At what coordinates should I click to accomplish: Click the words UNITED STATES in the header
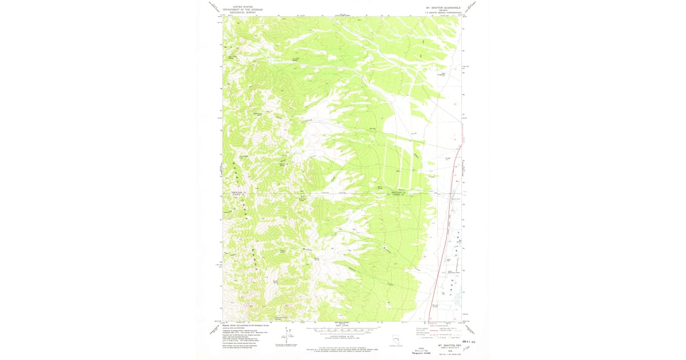pos(240,5)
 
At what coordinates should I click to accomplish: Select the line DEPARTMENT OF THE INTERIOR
pos(240,8)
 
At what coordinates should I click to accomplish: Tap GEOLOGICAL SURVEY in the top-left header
pos(240,11)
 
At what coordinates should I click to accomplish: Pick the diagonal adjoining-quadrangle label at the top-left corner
pos(214,7)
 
